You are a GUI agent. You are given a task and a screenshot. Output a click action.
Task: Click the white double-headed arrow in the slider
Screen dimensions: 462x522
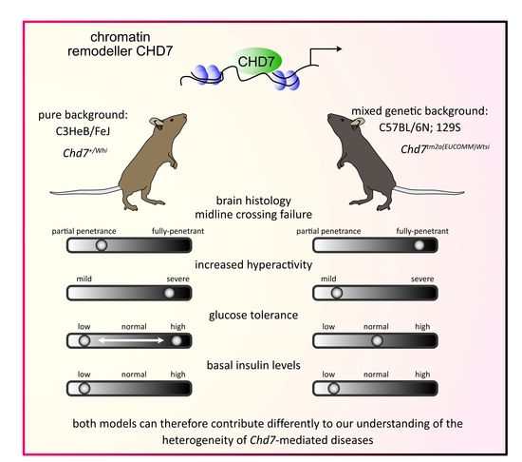pos(129,339)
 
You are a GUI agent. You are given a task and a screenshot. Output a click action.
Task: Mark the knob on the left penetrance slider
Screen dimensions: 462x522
pos(102,245)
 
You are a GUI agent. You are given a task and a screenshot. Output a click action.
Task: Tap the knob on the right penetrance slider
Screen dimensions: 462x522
pos(417,245)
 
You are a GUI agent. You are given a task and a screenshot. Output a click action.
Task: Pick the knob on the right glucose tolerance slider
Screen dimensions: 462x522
pos(376,339)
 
